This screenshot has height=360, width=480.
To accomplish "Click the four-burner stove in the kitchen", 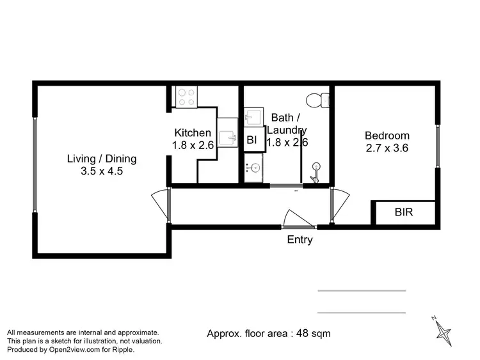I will (186, 97).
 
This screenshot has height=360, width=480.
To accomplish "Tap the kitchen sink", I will (227, 137).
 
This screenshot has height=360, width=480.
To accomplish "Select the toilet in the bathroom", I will (317, 100).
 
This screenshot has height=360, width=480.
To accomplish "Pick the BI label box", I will (252, 140).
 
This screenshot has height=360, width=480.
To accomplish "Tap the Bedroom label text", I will (387, 136).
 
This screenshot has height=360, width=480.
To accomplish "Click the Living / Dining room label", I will (102, 159).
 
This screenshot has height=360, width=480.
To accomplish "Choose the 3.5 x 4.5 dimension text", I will (102, 171).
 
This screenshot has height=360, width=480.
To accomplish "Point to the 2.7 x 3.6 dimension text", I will (387, 148).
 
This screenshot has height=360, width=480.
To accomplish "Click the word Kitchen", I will (193, 133).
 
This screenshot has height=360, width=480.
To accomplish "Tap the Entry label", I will (300, 240).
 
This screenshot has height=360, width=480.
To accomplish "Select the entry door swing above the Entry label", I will (297, 219).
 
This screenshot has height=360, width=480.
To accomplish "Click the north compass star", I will (442, 331).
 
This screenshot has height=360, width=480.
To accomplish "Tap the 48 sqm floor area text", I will (269, 333).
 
